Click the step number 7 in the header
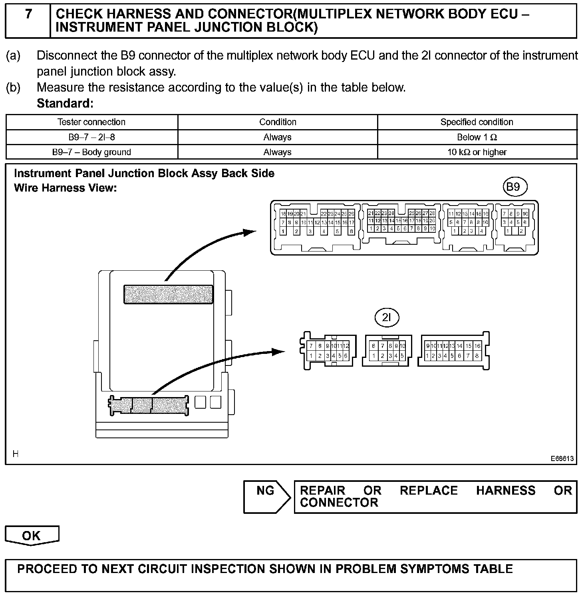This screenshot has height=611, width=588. tap(28, 14)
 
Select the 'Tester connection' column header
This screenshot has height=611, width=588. tap(91, 122)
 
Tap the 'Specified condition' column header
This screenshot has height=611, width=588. tap(477, 122)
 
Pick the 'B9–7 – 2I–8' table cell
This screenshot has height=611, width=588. tap(91, 138)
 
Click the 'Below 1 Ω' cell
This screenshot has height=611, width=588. tap(477, 138)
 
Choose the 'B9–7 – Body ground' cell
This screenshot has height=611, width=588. tap(91, 152)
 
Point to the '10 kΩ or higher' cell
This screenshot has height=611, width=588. tap(477, 152)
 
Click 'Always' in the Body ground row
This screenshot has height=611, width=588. tap(277, 152)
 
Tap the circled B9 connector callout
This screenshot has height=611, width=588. tap(514, 187)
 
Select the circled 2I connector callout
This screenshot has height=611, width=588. tap(387, 318)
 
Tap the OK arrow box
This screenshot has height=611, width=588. tap(32, 536)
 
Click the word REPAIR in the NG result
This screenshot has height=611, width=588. tap(322, 491)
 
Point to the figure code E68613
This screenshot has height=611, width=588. tap(562, 459)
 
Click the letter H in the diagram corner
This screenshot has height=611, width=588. tap(16, 453)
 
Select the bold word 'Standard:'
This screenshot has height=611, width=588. tap(65, 104)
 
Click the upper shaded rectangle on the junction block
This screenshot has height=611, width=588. tap(168, 295)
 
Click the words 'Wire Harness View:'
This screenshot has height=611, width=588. tap(65, 188)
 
